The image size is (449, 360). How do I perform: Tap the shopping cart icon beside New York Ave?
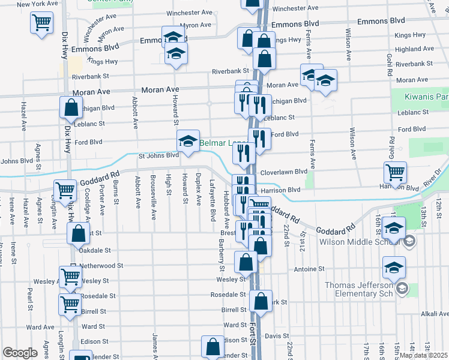click(41, 23)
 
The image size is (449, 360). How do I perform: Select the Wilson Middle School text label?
click(360, 242)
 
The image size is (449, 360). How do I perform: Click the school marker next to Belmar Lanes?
click(188, 142)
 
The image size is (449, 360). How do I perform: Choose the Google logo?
click(20, 353)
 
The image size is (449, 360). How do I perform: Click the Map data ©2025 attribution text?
click(423, 355)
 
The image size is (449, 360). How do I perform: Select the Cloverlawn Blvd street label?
click(285, 172)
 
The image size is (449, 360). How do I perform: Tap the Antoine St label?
click(309, 269)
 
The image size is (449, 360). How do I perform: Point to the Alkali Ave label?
click(435, 314)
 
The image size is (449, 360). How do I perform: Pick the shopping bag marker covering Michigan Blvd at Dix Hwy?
click(71, 109)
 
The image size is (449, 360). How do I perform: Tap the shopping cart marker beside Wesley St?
click(70, 278)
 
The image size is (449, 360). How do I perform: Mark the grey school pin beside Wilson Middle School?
click(409, 242)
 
